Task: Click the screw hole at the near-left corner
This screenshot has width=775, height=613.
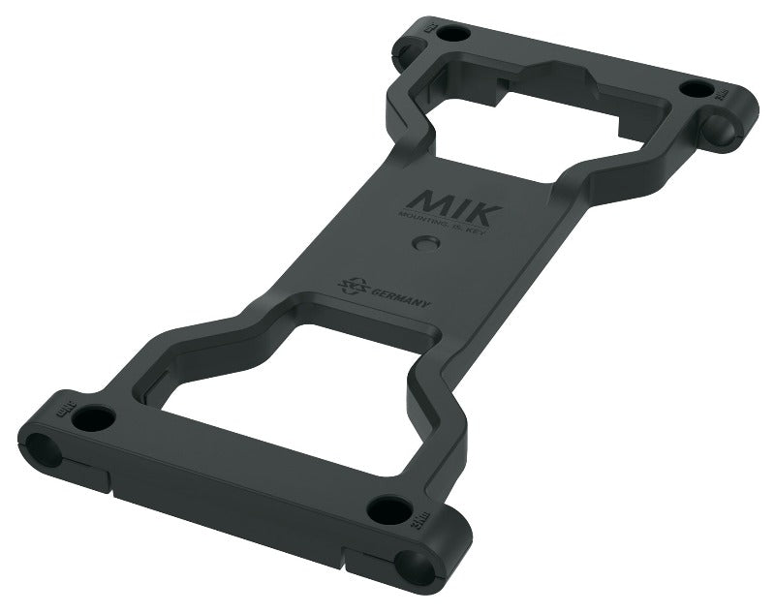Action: tap(94, 419)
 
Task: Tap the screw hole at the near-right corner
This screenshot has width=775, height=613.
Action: tap(389, 509)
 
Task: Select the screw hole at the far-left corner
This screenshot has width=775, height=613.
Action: tap(451, 33)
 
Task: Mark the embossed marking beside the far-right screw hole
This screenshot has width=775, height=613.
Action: tap(722, 92)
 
